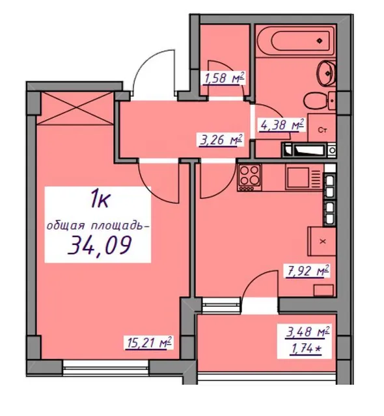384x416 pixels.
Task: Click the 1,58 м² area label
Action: point(224,78)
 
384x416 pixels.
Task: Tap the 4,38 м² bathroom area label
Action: point(282,125)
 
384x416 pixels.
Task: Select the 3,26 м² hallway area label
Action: point(221,140)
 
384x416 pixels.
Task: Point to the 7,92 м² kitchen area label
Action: point(307,271)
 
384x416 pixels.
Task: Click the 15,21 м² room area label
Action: point(148,343)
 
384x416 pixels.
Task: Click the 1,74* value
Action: point(306,349)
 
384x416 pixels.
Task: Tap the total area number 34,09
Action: point(100,246)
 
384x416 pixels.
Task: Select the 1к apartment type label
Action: point(100,200)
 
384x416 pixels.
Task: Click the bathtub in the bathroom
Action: point(296,40)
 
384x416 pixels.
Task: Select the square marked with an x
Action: point(322,241)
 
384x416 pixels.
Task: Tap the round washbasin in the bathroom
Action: point(326,73)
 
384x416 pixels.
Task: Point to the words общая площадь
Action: point(96,226)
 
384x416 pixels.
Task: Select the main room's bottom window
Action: point(106,367)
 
